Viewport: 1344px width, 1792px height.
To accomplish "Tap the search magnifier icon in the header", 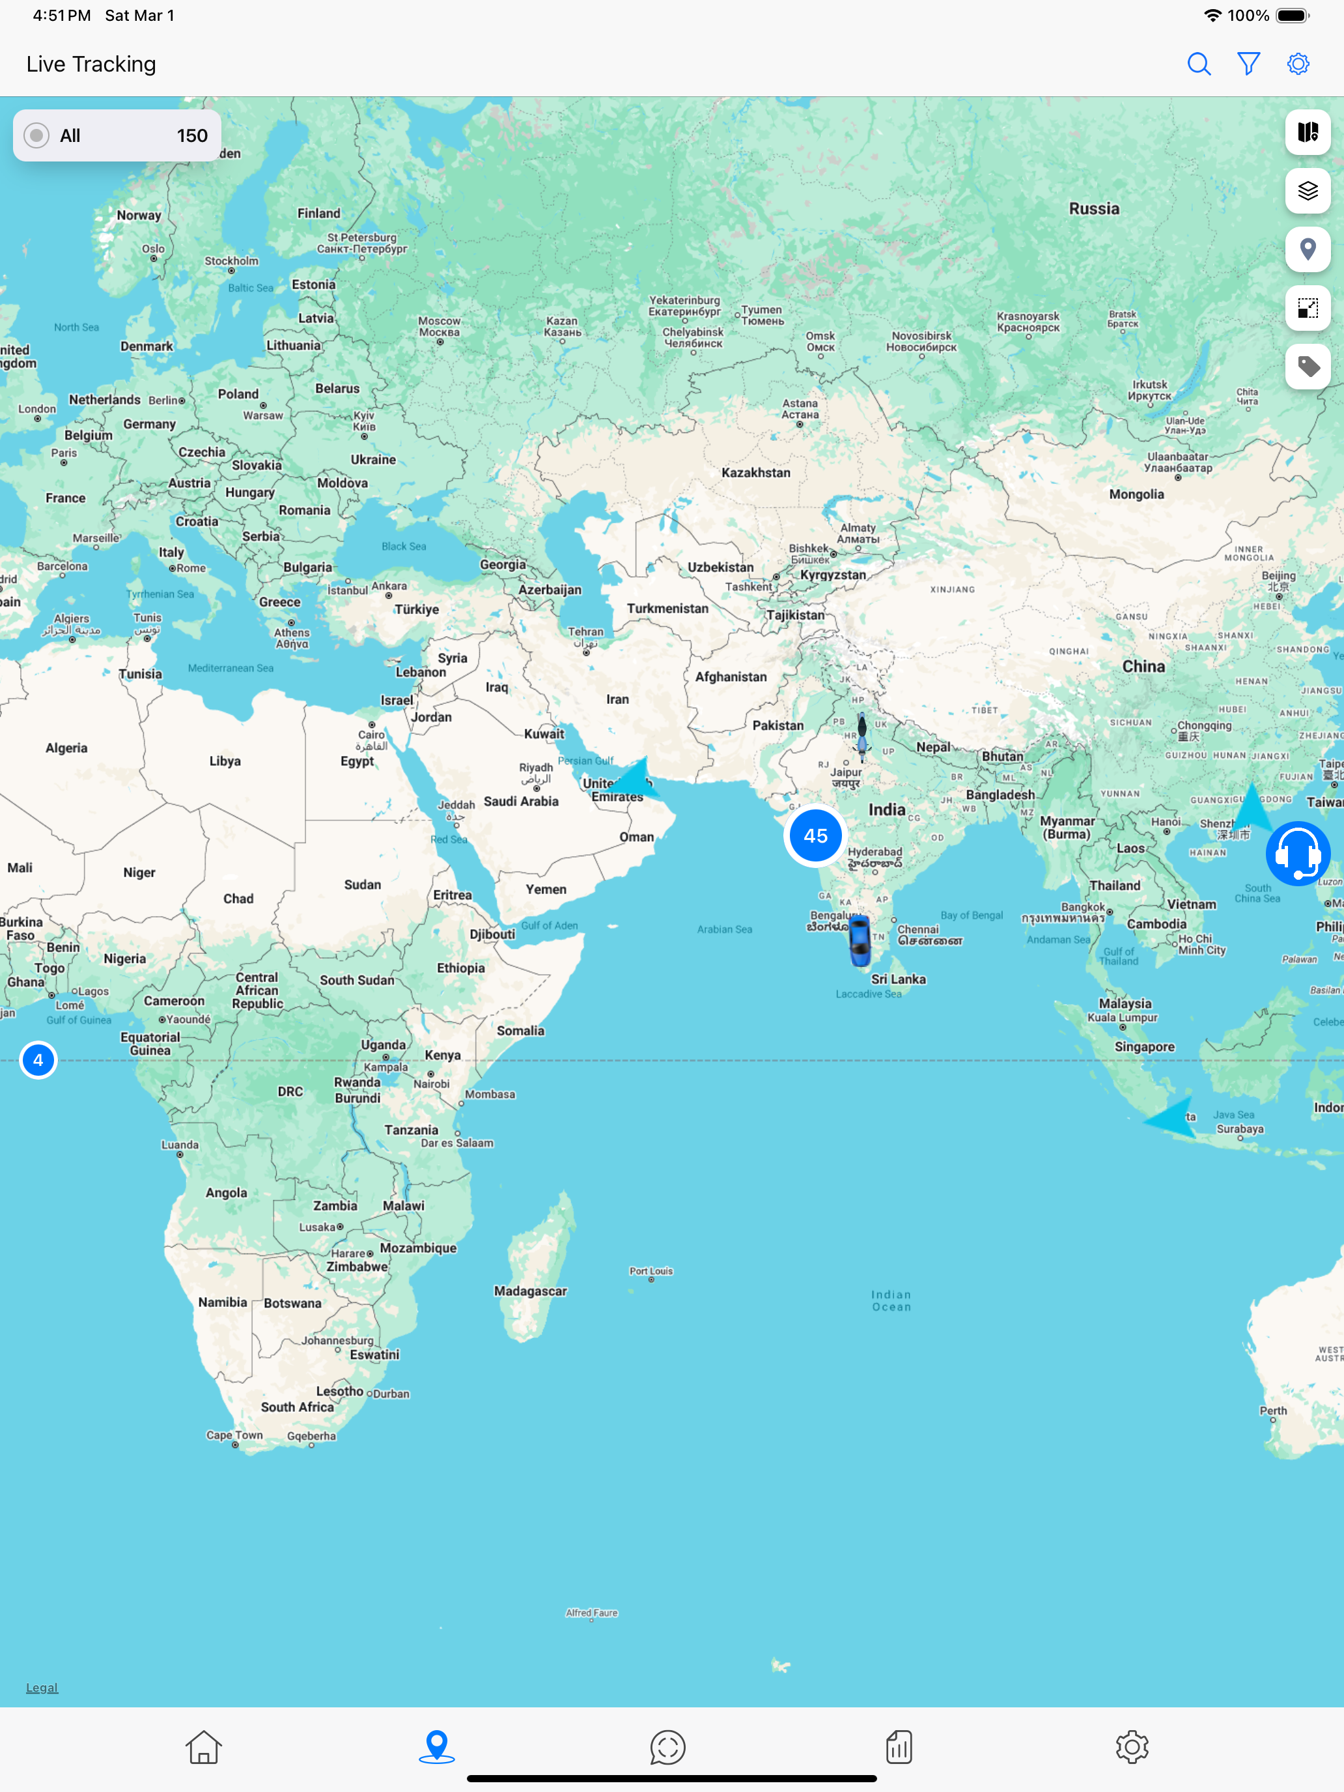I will [1199, 64].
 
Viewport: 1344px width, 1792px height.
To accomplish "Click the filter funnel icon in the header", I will [1248, 64].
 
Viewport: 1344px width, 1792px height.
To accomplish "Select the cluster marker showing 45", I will [815, 836].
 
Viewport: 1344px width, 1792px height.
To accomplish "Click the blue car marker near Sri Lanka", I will [859, 942].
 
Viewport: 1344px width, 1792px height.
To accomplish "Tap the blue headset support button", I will [1297, 854].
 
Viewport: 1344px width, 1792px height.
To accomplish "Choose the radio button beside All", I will [36, 135].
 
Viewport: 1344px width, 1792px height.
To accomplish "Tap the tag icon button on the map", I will [1308, 367].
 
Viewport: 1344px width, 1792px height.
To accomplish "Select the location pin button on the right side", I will [1308, 249].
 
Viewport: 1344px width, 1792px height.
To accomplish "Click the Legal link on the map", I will [42, 1688].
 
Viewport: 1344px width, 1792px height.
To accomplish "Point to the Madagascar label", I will [531, 1291].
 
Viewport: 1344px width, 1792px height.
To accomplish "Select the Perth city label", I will [1273, 1410].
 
